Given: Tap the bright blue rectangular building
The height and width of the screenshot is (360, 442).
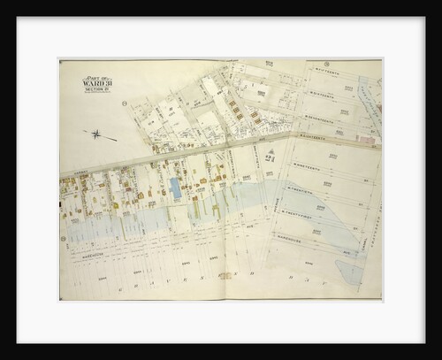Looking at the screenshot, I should point(175,188).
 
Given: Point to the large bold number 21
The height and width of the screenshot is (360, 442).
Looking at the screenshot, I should point(270,156).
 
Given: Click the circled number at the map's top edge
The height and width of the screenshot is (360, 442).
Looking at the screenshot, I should point(325,64).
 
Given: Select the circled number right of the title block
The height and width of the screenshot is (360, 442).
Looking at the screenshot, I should point(125,103).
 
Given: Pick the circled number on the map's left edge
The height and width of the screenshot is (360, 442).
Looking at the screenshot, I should point(63,238).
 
